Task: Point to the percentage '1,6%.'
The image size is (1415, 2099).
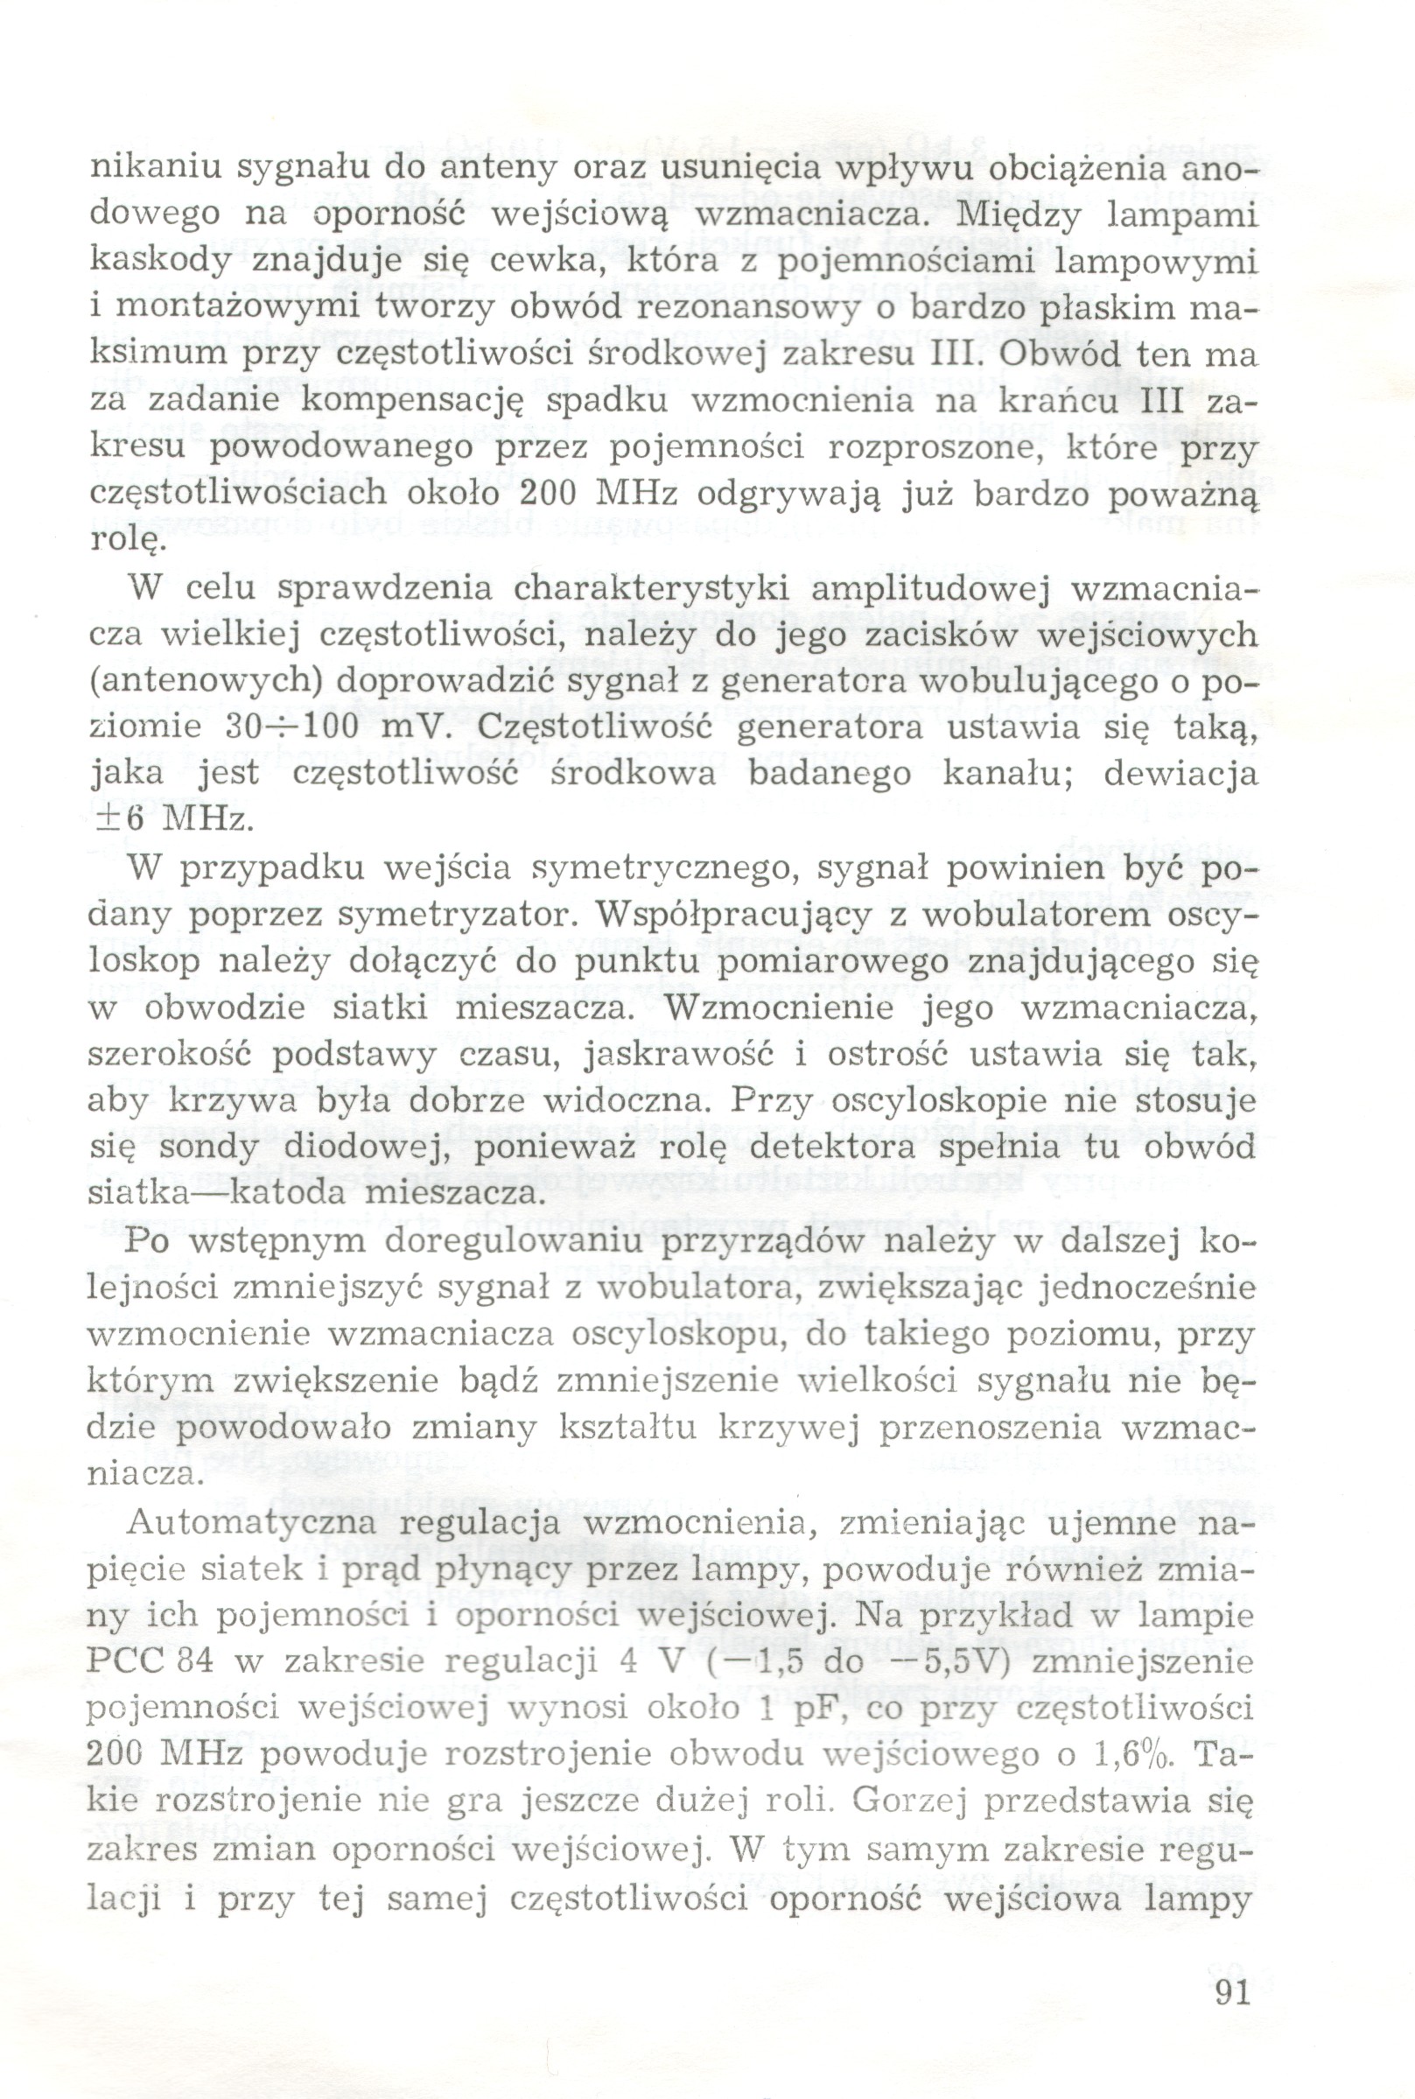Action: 1138,1753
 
